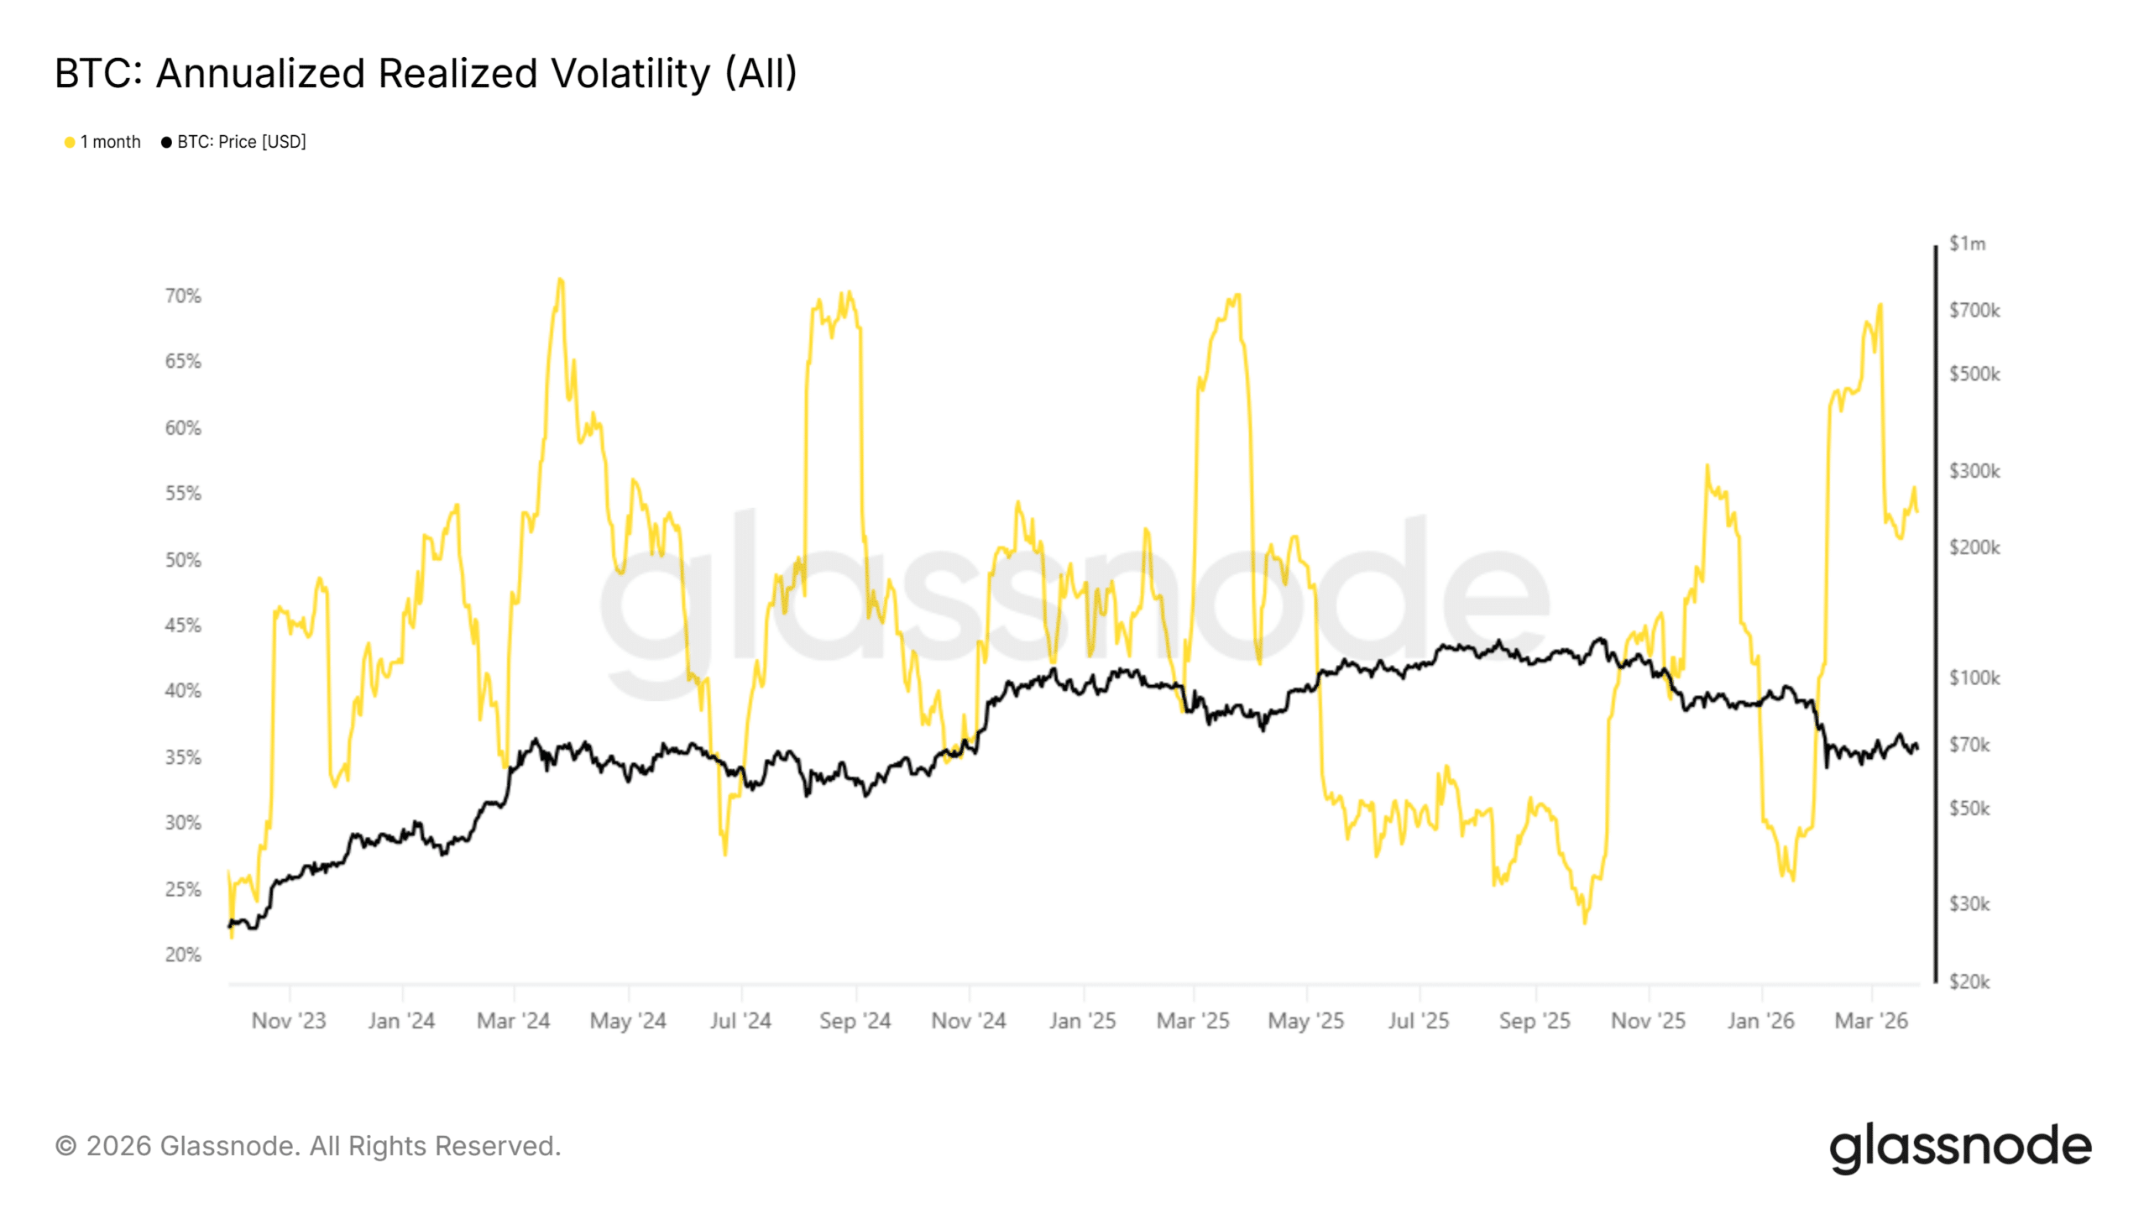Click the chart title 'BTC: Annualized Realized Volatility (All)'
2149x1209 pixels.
pyautogui.click(x=425, y=74)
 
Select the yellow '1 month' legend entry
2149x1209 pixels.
pyautogui.click(x=102, y=142)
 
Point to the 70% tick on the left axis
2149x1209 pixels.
pyautogui.click(x=183, y=296)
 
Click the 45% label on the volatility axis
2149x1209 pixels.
pyautogui.click(x=183, y=625)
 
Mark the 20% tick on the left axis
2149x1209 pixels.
pyautogui.click(x=183, y=955)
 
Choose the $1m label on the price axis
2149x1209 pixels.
pyautogui.click(x=1967, y=243)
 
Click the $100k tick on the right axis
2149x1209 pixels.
pyautogui.click(x=1974, y=678)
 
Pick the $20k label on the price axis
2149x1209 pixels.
pyautogui.click(x=1969, y=981)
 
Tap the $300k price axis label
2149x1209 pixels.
pyautogui.click(x=1974, y=471)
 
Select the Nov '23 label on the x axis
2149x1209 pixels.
pyautogui.click(x=288, y=1021)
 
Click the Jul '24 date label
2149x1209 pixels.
pyautogui.click(x=740, y=1021)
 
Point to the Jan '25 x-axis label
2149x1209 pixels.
pyautogui.click(x=1082, y=1021)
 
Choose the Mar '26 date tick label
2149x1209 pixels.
pyautogui.click(x=1871, y=1021)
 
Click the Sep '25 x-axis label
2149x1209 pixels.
pyautogui.click(x=1535, y=1021)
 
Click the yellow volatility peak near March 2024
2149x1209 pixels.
pyautogui.click(x=561, y=280)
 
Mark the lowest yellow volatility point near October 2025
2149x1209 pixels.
pyautogui.click(x=1585, y=922)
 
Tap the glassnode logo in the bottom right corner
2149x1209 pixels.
pyautogui.click(x=1960, y=1147)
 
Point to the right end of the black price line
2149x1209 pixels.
pyautogui.click(x=1916, y=746)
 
